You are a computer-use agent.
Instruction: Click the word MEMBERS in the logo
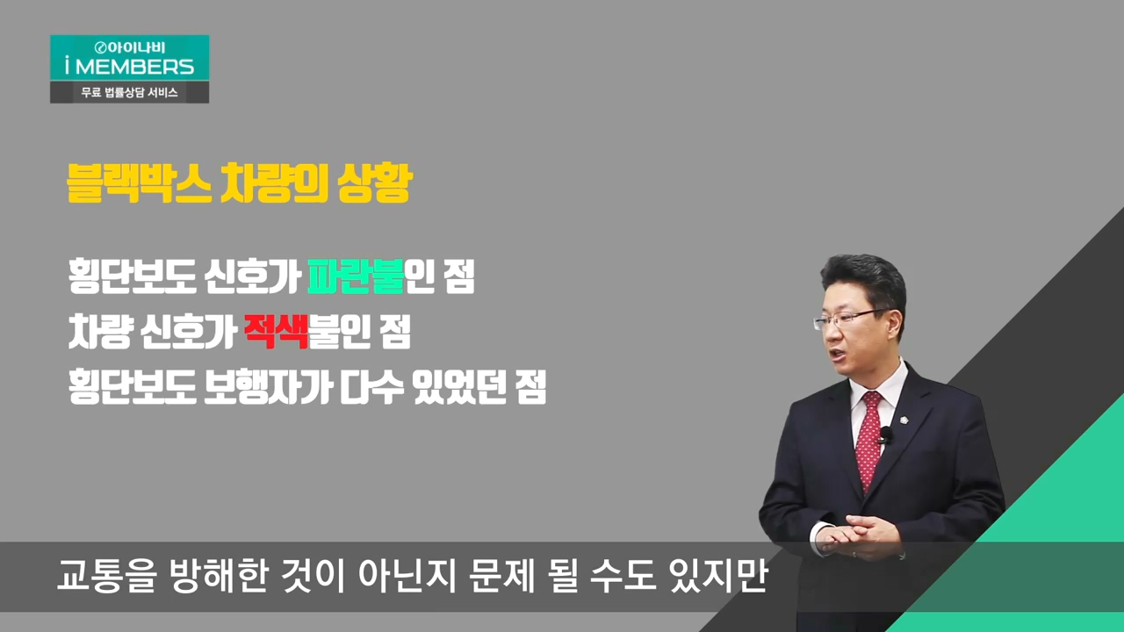point(134,66)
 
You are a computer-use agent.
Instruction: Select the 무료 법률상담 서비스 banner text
point(129,92)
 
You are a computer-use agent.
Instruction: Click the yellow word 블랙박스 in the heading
point(139,183)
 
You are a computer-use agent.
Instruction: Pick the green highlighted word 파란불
point(356,276)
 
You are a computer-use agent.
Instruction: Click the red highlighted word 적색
point(276,331)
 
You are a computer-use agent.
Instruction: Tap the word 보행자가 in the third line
point(269,387)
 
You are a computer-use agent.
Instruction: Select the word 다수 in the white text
point(372,387)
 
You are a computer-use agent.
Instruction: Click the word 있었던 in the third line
point(459,387)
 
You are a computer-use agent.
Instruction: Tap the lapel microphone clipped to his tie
point(884,435)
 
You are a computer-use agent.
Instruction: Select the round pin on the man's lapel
point(904,420)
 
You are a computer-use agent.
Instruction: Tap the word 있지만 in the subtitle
point(718,575)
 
